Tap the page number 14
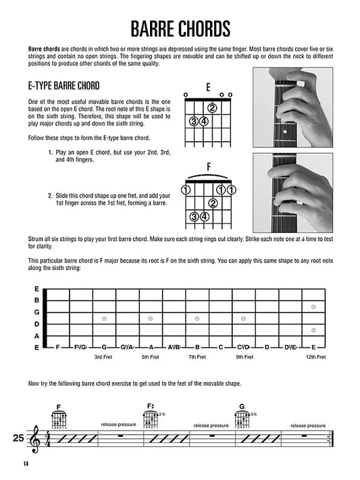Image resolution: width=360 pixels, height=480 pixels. pos(26,462)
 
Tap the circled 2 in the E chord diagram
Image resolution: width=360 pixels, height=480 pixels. pos(212,108)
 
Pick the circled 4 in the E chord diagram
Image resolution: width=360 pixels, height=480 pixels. pos(203,122)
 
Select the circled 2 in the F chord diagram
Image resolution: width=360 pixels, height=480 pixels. pos(212,203)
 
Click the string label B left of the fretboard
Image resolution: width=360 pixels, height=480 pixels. pos(36,300)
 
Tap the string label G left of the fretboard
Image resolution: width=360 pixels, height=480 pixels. pos(36,312)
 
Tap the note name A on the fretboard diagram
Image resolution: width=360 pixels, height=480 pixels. pos(151,347)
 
